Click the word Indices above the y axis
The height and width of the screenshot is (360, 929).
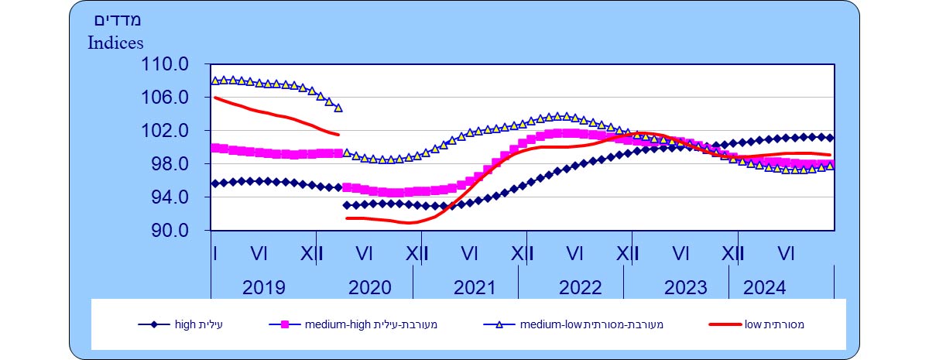coord(115,43)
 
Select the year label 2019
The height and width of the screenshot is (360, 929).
coord(264,287)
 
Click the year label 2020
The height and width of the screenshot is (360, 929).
coord(370,287)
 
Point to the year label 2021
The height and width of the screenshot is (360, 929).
coord(475,287)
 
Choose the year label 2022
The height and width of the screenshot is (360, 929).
coord(580,287)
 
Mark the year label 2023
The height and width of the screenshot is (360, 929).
coord(685,287)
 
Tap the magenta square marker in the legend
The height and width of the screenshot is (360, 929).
coord(285,324)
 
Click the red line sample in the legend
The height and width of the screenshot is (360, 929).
coord(725,324)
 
